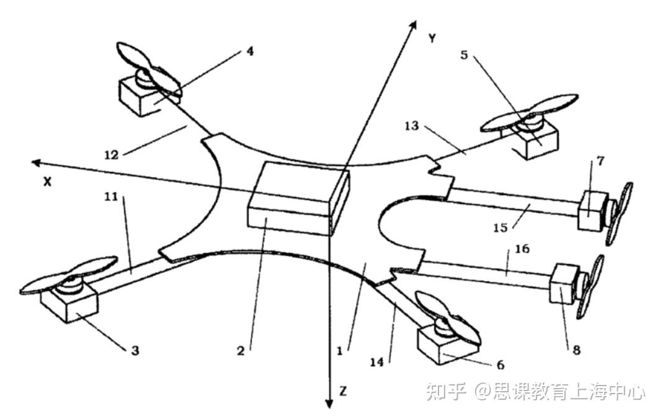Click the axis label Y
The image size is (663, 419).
432,38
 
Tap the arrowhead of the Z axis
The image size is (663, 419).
330,403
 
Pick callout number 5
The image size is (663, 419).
465,54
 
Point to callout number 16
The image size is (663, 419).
522,249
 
